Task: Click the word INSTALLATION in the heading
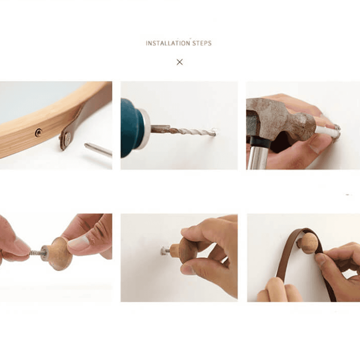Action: point(168,43)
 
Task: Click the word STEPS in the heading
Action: point(202,43)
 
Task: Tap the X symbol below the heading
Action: point(180,62)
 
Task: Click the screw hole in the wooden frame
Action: point(39,132)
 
